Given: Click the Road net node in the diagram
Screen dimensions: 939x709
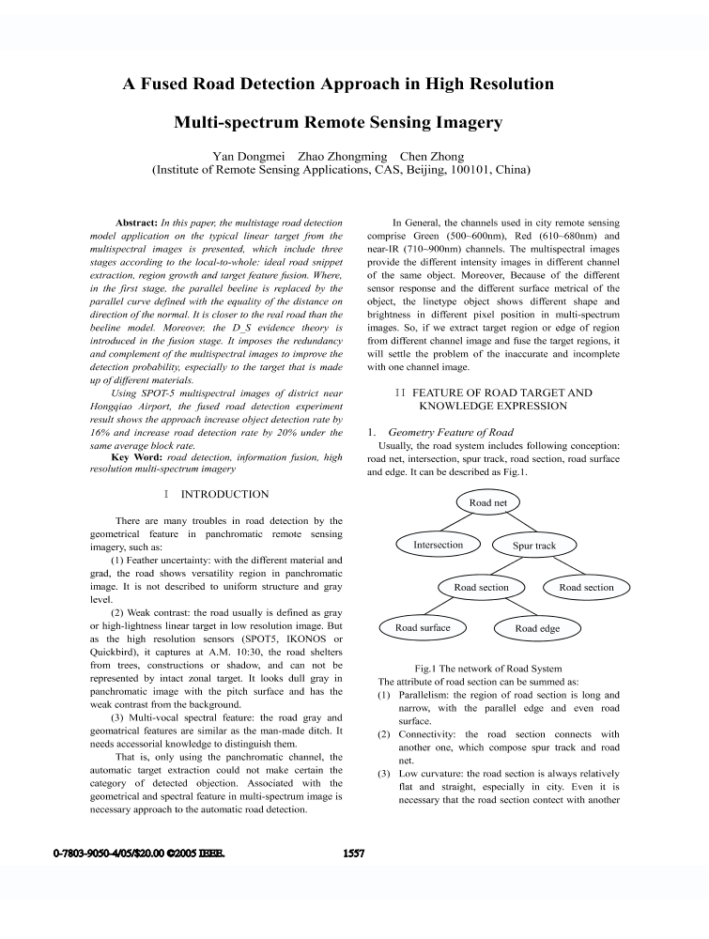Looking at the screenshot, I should coord(488,503).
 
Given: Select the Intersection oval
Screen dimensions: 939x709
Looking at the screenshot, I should coord(438,545).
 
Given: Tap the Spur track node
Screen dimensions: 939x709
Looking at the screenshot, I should coord(534,546).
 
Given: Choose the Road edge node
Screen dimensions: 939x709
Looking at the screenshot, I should coord(537,628).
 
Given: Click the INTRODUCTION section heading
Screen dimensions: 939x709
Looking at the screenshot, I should coord(224,494).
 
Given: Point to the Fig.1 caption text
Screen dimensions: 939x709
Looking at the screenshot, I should coord(481,668).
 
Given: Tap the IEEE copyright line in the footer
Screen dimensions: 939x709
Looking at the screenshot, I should coord(138,854).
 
